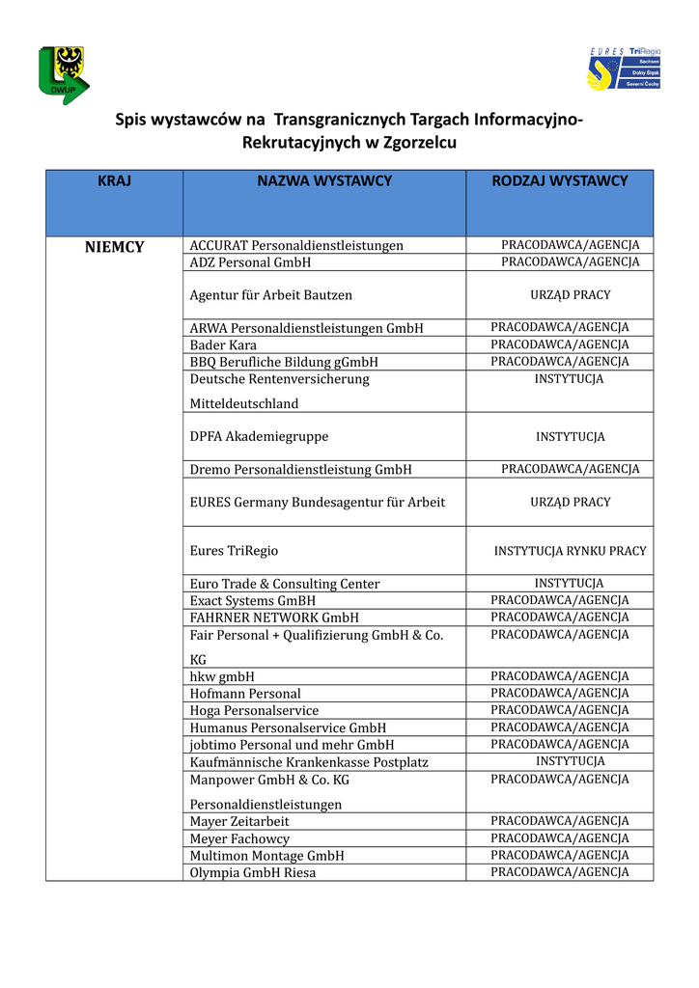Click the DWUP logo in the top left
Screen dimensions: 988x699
click(62, 74)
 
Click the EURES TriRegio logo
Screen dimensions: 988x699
click(624, 69)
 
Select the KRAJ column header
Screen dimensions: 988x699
click(114, 180)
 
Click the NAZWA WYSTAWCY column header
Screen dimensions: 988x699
click(324, 180)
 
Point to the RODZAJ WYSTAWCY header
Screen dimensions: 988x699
click(560, 180)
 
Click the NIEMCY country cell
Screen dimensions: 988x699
click(114, 247)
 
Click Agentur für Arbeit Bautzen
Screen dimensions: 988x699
click(271, 295)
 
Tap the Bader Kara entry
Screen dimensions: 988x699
click(223, 344)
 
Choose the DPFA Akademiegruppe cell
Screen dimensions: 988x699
click(259, 436)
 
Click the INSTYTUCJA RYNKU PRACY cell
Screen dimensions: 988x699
click(570, 551)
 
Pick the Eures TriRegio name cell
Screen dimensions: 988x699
click(234, 550)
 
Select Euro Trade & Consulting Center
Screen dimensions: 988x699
click(285, 584)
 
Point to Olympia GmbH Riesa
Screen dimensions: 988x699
click(253, 872)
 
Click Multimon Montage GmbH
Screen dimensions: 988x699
click(266, 856)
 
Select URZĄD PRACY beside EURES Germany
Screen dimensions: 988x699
click(570, 503)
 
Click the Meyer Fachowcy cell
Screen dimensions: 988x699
click(239, 838)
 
